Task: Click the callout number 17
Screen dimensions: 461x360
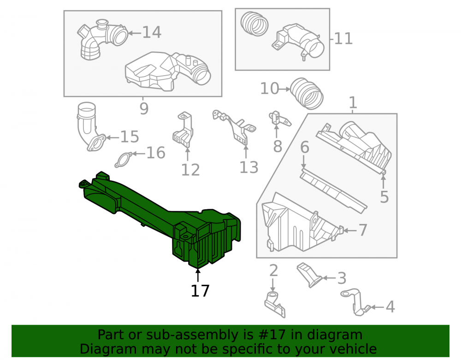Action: coord(200,291)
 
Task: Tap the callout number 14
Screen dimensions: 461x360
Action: coord(152,32)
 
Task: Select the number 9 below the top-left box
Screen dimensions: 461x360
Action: coord(144,109)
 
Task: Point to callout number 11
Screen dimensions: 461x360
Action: coord(343,39)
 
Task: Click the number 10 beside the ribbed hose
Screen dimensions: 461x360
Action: coord(270,89)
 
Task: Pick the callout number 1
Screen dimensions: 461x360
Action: coord(353,103)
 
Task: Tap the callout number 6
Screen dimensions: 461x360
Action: coord(305,147)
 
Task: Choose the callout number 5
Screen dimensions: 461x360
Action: coord(384,197)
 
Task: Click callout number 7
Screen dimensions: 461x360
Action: coord(363,230)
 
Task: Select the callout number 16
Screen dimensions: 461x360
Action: coord(156,153)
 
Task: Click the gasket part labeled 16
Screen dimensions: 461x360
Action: coord(124,160)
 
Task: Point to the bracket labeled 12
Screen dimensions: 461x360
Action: coord(183,130)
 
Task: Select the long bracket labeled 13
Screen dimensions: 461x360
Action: coord(234,127)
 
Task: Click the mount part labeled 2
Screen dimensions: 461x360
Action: coord(275,304)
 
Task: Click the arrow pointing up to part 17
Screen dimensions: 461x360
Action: coord(198,275)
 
